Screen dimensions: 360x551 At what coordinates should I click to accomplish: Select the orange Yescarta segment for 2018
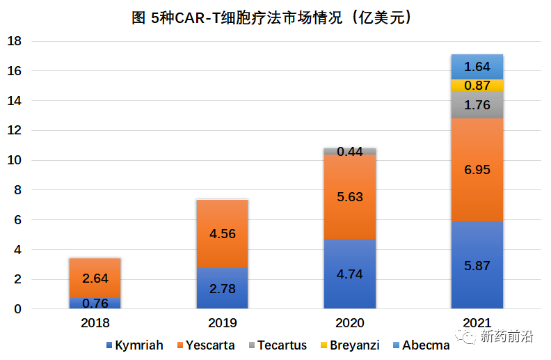[x=95, y=277]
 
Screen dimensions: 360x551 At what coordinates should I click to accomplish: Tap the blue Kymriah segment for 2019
[x=222, y=288]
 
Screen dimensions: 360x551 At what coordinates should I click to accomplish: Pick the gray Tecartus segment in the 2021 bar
[x=477, y=105]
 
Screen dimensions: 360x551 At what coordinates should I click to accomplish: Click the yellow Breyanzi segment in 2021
[x=477, y=86]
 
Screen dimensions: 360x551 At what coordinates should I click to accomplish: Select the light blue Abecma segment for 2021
[x=477, y=67]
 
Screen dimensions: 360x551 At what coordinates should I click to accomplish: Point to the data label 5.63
[x=349, y=197]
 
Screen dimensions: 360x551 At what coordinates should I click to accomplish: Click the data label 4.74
[x=349, y=274]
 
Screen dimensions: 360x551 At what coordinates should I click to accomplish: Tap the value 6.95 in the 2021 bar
[x=477, y=170]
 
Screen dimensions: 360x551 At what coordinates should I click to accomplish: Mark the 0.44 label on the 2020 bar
[x=349, y=151]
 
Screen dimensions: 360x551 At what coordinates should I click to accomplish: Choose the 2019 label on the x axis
[x=222, y=323]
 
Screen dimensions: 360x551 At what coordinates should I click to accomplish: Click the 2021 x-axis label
[x=477, y=323]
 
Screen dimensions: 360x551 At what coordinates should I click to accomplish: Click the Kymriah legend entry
[x=134, y=345]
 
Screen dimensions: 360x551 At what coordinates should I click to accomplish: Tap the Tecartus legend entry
[x=282, y=345]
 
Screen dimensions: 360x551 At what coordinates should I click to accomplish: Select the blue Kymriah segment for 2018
[x=95, y=303]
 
